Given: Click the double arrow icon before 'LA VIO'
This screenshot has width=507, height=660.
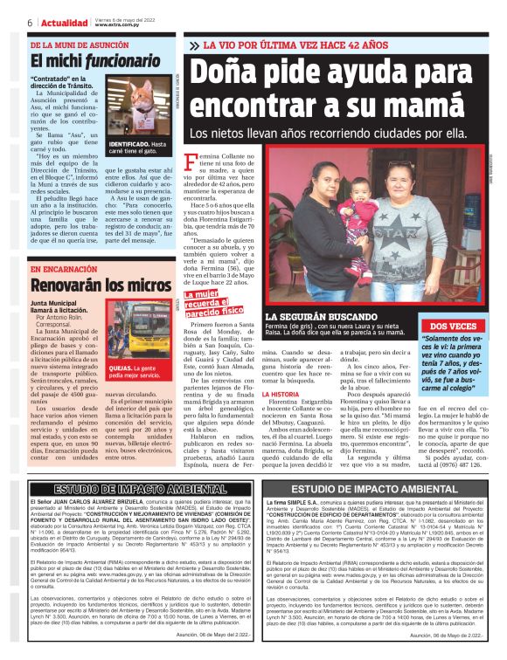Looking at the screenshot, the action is click(194, 44).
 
